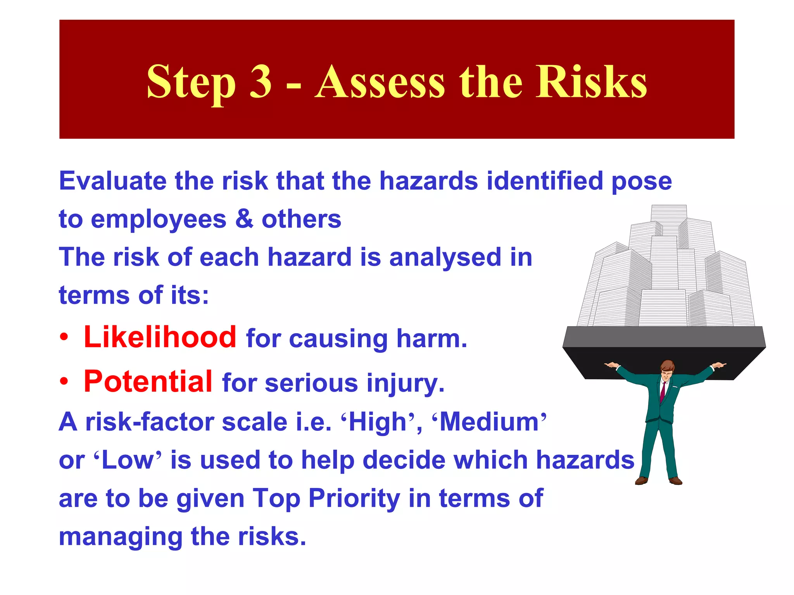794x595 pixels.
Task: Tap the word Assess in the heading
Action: pyautogui.click(x=380, y=82)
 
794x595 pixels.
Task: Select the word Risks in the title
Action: pyautogui.click(x=591, y=82)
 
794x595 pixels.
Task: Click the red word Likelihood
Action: pyautogui.click(x=160, y=337)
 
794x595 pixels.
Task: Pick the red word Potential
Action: pyautogui.click(x=148, y=382)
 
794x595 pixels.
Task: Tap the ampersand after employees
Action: pyautogui.click(x=244, y=219)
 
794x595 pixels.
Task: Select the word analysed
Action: pyautogui.click(x=445, y=258)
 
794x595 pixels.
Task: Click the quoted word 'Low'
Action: pyautogui.click(x=128, y=460)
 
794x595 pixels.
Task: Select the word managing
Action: pyautogui.click(x=121, y=537)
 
